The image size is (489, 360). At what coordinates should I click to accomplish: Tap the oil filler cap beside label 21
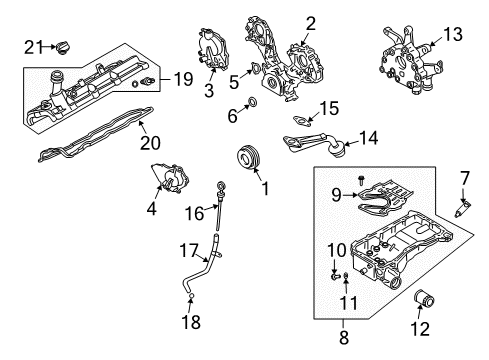pos(65,45)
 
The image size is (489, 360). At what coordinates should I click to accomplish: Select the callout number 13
pos(453,35)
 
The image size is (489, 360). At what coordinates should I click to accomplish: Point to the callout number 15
pos(329,106)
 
